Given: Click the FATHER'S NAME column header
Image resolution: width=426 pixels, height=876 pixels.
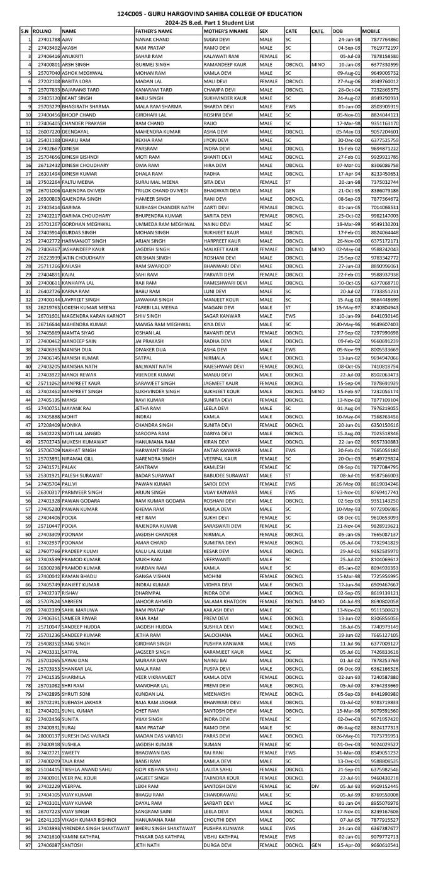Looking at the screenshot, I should point(154,30).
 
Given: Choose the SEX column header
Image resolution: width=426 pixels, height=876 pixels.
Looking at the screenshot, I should point(264,30).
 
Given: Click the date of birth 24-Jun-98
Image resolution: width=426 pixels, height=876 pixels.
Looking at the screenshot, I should point(340,39).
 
